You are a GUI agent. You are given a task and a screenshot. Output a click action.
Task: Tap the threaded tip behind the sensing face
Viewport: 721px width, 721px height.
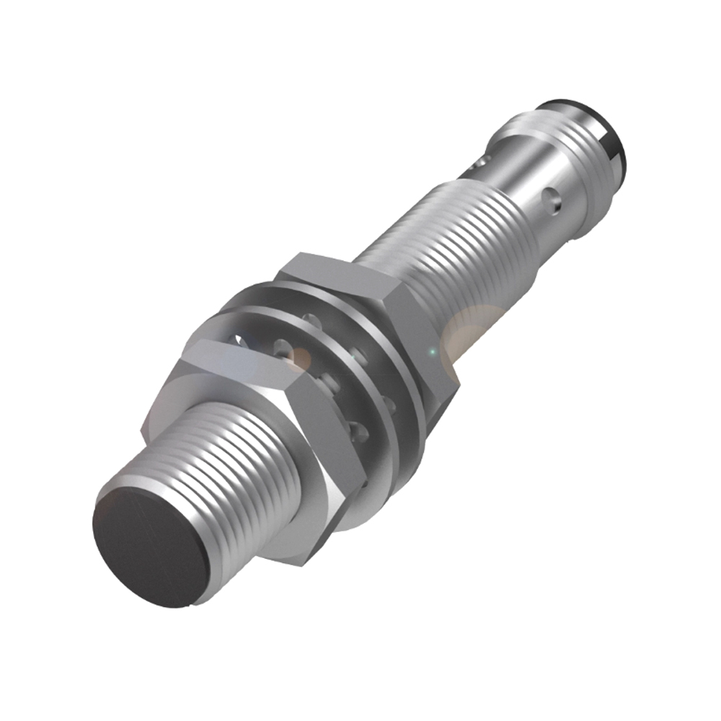[231, 469]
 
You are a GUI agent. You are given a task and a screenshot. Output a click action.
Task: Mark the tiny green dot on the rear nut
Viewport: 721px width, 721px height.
[431, 352]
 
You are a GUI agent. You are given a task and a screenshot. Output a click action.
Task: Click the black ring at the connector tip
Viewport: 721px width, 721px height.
[613, 133]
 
